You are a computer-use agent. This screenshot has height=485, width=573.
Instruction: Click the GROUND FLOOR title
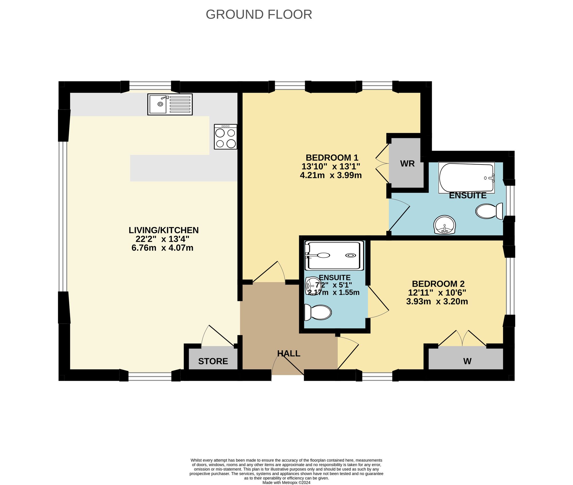(259, 15)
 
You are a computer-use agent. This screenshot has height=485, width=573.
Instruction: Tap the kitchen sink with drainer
(170, 104)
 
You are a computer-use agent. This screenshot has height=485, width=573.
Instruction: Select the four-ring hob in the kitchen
(225, 137)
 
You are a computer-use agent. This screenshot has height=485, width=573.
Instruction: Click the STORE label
(213, 361)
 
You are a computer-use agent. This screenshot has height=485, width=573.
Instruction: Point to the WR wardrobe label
(407, 164)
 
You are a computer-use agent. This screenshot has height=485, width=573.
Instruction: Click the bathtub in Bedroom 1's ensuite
(466, 178)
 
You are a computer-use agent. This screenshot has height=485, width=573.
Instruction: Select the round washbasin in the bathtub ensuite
(444, 225)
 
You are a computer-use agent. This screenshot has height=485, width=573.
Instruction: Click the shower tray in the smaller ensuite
(334, 256)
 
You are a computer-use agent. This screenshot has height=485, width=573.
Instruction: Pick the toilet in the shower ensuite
(318, 312)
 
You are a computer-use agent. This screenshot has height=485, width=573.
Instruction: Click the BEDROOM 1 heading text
(332, 158)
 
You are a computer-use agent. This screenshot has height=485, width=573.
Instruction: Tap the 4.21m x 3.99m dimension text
(331, 175)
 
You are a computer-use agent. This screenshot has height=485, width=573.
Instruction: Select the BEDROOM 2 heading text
(438, 284)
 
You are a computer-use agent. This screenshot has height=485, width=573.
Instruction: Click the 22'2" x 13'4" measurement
(162, 239)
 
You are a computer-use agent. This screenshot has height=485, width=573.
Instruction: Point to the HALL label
(289, 354)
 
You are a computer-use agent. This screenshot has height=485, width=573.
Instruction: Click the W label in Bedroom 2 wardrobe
(467, 361)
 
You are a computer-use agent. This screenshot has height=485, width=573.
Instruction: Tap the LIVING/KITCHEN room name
(163, 230)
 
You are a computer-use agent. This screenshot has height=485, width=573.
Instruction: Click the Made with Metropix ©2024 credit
(286, 482)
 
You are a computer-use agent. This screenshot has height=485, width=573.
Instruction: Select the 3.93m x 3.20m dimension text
(437, 301)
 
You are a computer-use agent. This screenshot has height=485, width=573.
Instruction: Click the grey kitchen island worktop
(183, 168)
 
